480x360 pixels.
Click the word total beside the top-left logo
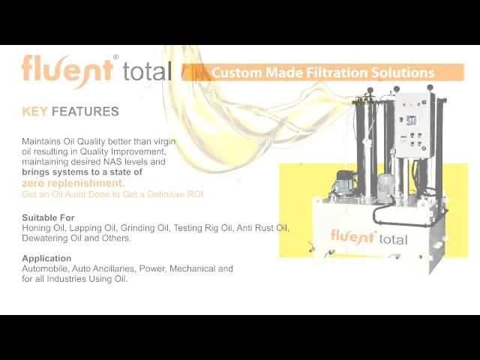click(147, 71)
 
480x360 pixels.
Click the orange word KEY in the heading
click(34, 112)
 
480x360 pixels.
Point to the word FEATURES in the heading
click(85, 112)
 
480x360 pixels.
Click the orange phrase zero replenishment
click(73, 183)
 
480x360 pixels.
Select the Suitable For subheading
click(48, 217)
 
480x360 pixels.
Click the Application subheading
click(46, 258)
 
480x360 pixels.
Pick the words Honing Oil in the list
click(44, 228)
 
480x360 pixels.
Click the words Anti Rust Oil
click(262, 228)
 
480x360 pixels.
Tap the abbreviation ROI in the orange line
click(196, 194)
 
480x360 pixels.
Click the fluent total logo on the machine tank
click(369, 238)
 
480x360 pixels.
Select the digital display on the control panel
click(411, 120)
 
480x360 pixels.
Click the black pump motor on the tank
click(345, 182)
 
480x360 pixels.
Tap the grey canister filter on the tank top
click(385, 188)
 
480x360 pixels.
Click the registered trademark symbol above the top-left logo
click(115, 57)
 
